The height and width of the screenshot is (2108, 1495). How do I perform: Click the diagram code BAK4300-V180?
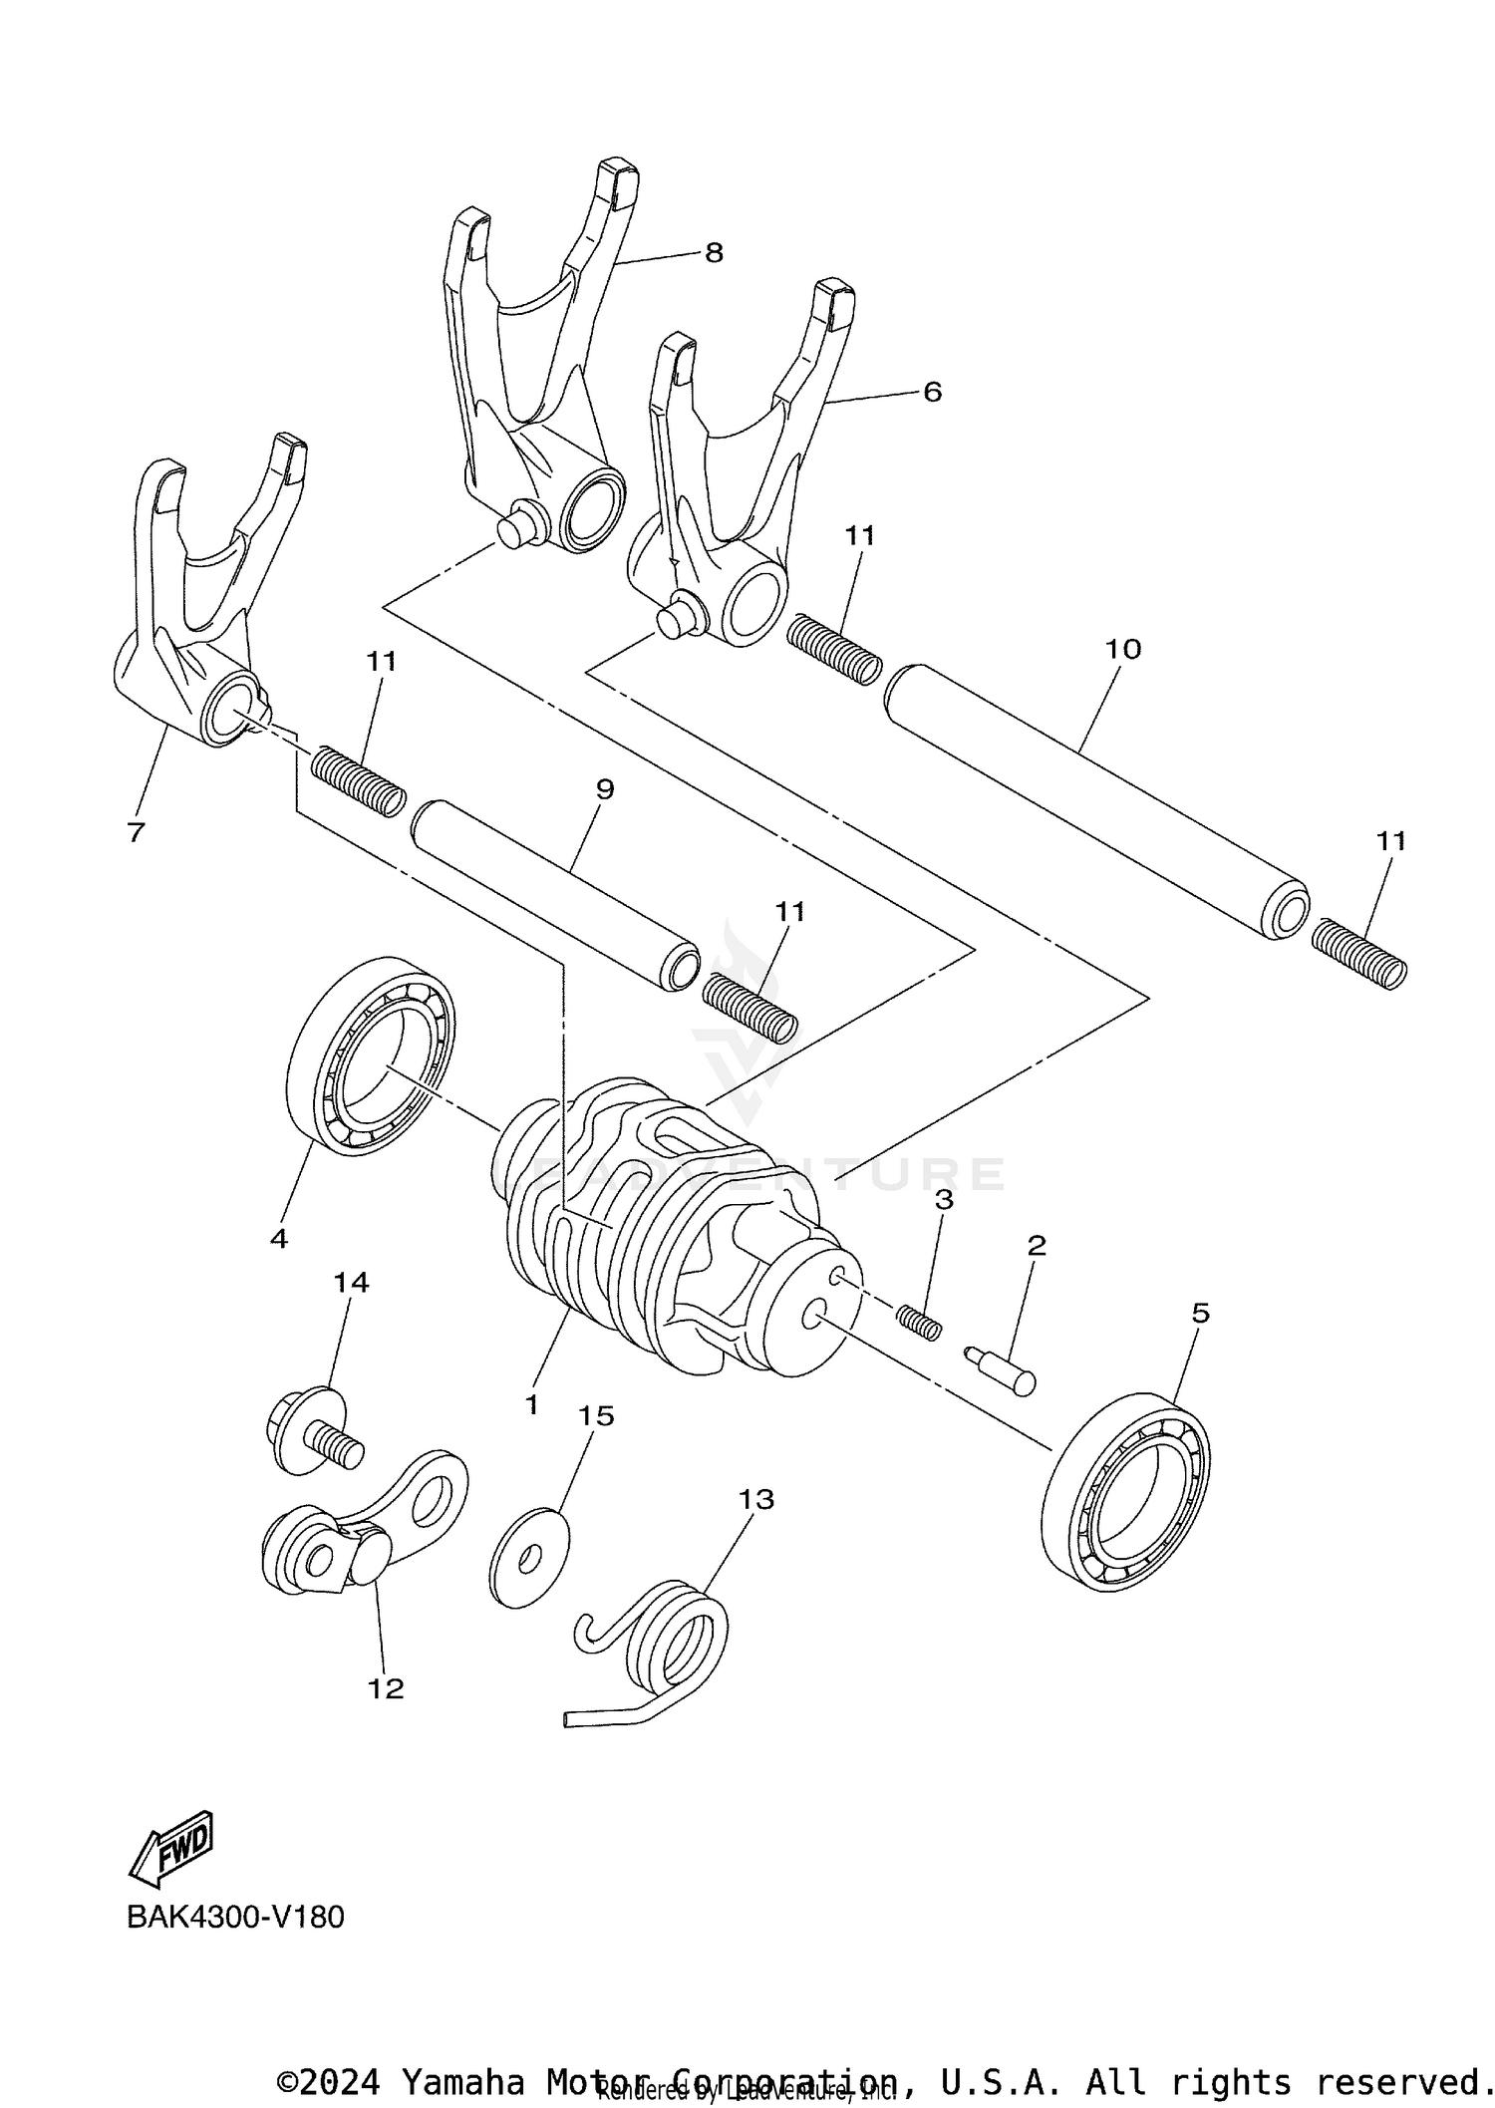[235, 1918]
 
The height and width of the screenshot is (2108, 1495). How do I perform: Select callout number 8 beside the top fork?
[714, 253]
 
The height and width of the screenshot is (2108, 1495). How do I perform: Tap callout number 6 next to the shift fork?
[932, 392]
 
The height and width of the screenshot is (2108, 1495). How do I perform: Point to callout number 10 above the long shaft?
[1122, 649]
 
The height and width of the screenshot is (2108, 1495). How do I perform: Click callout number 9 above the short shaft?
[604, 789]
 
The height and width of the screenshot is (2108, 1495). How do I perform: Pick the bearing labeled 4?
[371, 1056]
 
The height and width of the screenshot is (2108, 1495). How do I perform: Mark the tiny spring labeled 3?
[919, 1323]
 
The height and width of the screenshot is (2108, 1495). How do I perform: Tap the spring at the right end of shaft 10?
[1357, 954]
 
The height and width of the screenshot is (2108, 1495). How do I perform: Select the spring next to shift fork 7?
[358, 780]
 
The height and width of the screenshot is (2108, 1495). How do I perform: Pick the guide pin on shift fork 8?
[516, 528]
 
